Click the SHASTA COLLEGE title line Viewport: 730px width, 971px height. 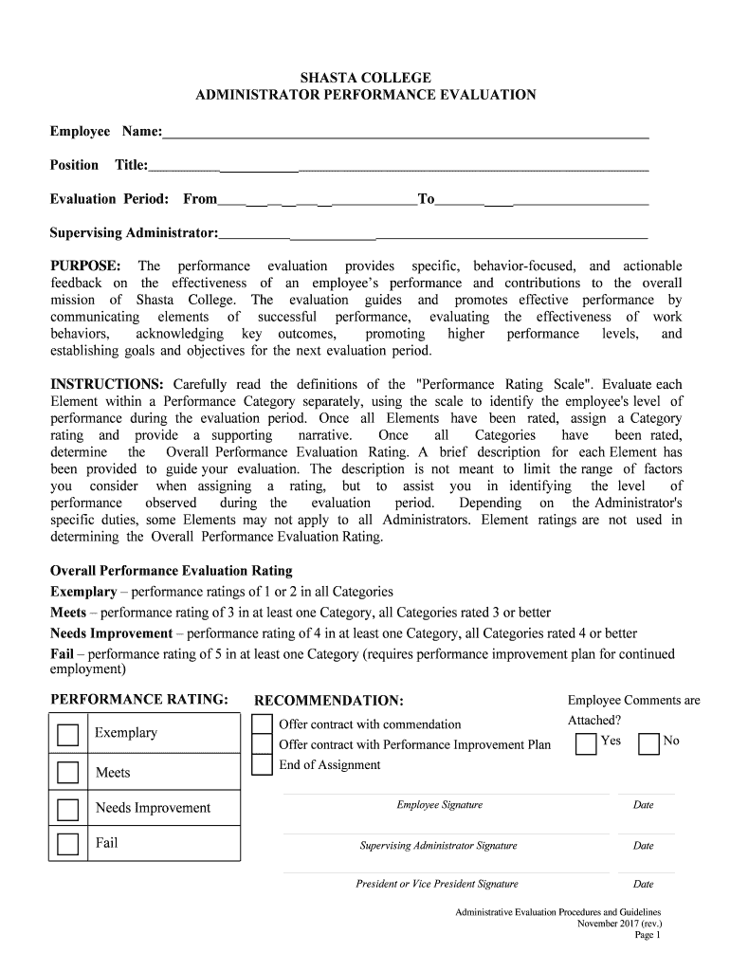pos(365,77)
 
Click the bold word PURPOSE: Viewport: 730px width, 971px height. pos(85,266)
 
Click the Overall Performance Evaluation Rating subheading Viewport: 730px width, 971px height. pos(171,571)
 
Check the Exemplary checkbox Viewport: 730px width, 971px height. pos(68,736)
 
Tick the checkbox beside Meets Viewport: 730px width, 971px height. pos(68,773)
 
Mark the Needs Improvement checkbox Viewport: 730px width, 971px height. pos(68,809)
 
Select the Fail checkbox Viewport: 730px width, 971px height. pos(68,843)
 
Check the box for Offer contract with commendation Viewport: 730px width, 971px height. pos(262,724)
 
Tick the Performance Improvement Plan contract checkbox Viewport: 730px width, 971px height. pos(262,744)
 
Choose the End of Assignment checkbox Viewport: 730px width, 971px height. pos(262,765)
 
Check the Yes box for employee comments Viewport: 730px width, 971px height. pos(586,743)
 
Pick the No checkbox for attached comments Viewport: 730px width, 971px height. pos(648,743)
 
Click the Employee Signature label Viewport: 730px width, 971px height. pos(439,805)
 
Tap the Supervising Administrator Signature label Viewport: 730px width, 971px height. pos(438,846)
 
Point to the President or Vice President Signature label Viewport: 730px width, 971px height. pos(437,884)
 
